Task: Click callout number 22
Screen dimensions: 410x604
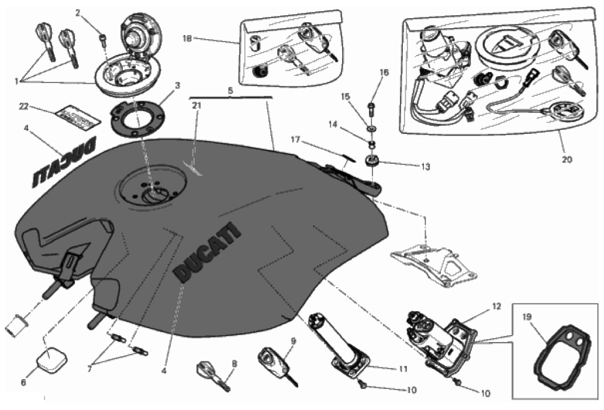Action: pyautogui.click(x=23, y=106)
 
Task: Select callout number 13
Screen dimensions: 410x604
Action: pyautogui.click(x=424, y=167)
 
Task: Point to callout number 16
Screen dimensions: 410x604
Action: pyautogui.click(x=384, y=73)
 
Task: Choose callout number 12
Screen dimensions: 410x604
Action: pyautogui.click(x=496, y=306)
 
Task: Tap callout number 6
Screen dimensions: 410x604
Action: pyautogui.click(x=23, y=383)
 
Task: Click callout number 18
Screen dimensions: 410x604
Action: pyautogui.click(x=187, y=39)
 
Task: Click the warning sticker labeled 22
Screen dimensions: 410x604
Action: pyautogui.click(x=73, y=114)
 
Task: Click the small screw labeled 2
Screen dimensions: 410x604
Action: pyautogui.click(x=103, y=39)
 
